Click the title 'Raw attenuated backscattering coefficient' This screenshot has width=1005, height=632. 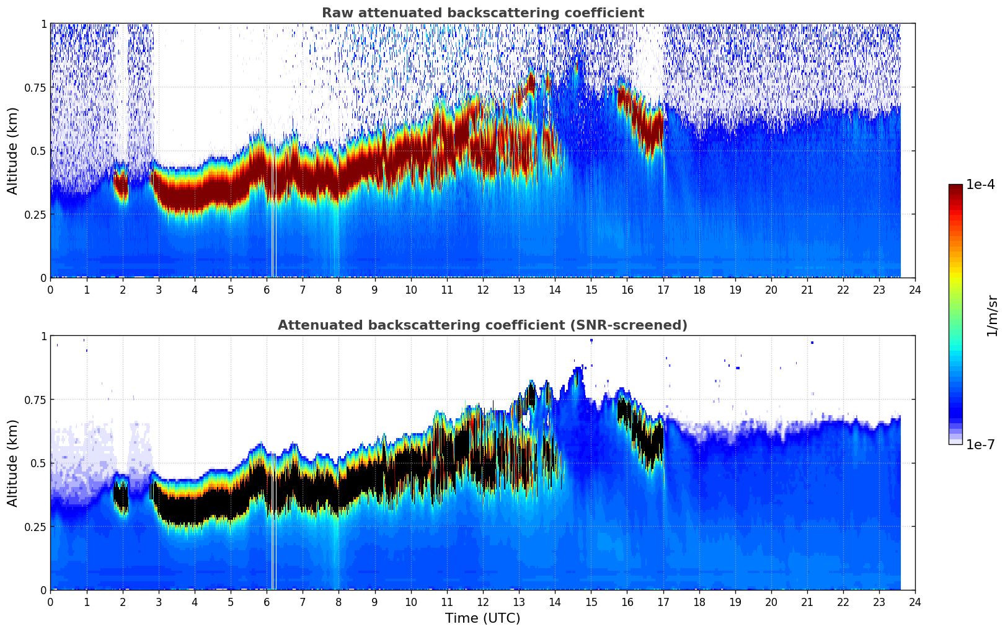(482, 13)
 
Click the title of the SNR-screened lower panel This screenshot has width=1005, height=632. (482, 325)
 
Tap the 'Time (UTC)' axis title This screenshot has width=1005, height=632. (482, 618)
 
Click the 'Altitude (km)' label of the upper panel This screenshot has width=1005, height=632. (13, 151)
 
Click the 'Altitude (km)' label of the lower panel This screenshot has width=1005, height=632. (13, 463)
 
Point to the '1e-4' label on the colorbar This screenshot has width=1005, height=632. (980, 185)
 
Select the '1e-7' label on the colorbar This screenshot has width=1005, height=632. (980, 444)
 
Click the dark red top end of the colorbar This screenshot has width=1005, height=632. (955, 188)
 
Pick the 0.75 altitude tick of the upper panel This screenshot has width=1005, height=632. (35, 87)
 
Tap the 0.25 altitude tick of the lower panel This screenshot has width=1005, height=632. (35, 527)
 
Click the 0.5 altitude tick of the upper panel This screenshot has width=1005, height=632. (39, 151)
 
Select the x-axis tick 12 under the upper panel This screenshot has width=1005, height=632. (482, 289)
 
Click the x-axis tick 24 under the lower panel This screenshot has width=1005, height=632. (915, 602)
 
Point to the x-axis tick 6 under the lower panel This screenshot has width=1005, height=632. (267, 602)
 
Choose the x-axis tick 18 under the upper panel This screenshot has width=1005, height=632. (699, 289)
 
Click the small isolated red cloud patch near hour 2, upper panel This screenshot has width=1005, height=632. (121, 185)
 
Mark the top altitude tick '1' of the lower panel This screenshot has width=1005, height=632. (43, 336)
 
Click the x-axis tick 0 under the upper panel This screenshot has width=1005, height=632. (50, 289)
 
